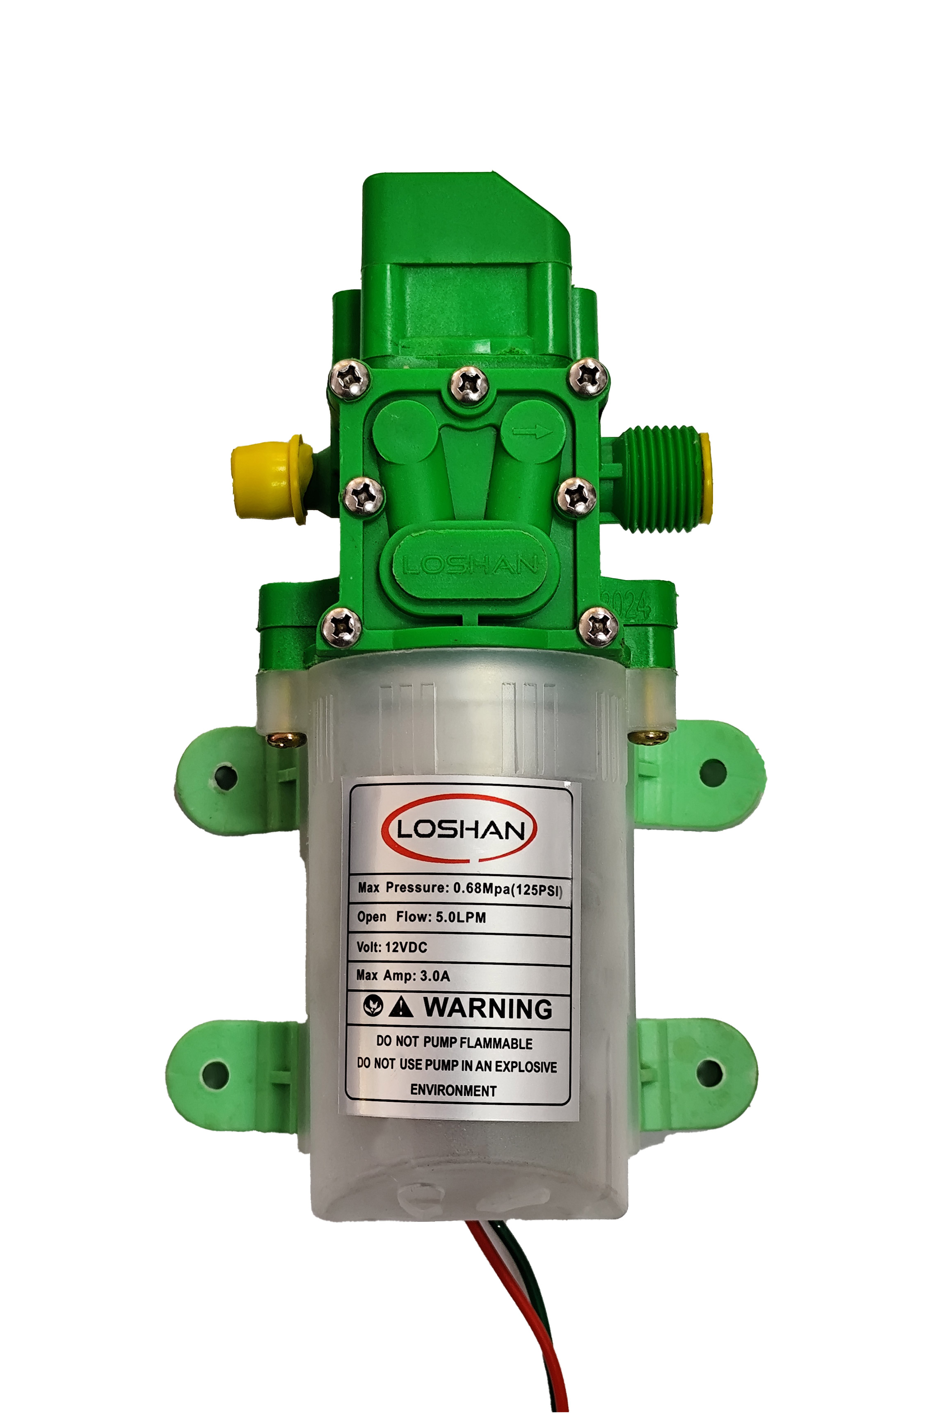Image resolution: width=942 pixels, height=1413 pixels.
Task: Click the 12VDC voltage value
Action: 406,947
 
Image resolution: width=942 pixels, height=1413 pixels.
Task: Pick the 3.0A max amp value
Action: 435,976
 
